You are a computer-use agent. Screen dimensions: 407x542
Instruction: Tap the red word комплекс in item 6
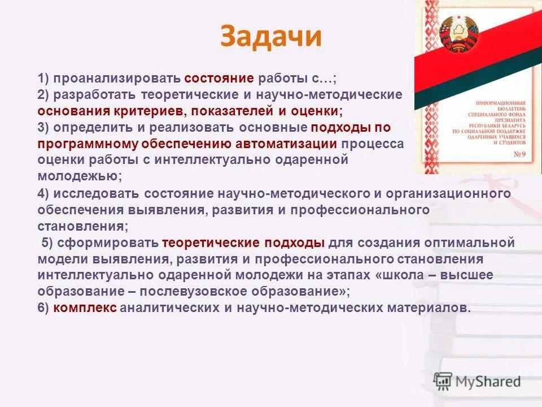(x=85, y=308)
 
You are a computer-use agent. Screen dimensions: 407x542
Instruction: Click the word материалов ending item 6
(x=434, y=308)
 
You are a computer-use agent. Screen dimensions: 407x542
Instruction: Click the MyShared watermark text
(x=489, y=382)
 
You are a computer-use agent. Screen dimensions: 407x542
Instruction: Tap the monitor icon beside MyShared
(x=443, y=381)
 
